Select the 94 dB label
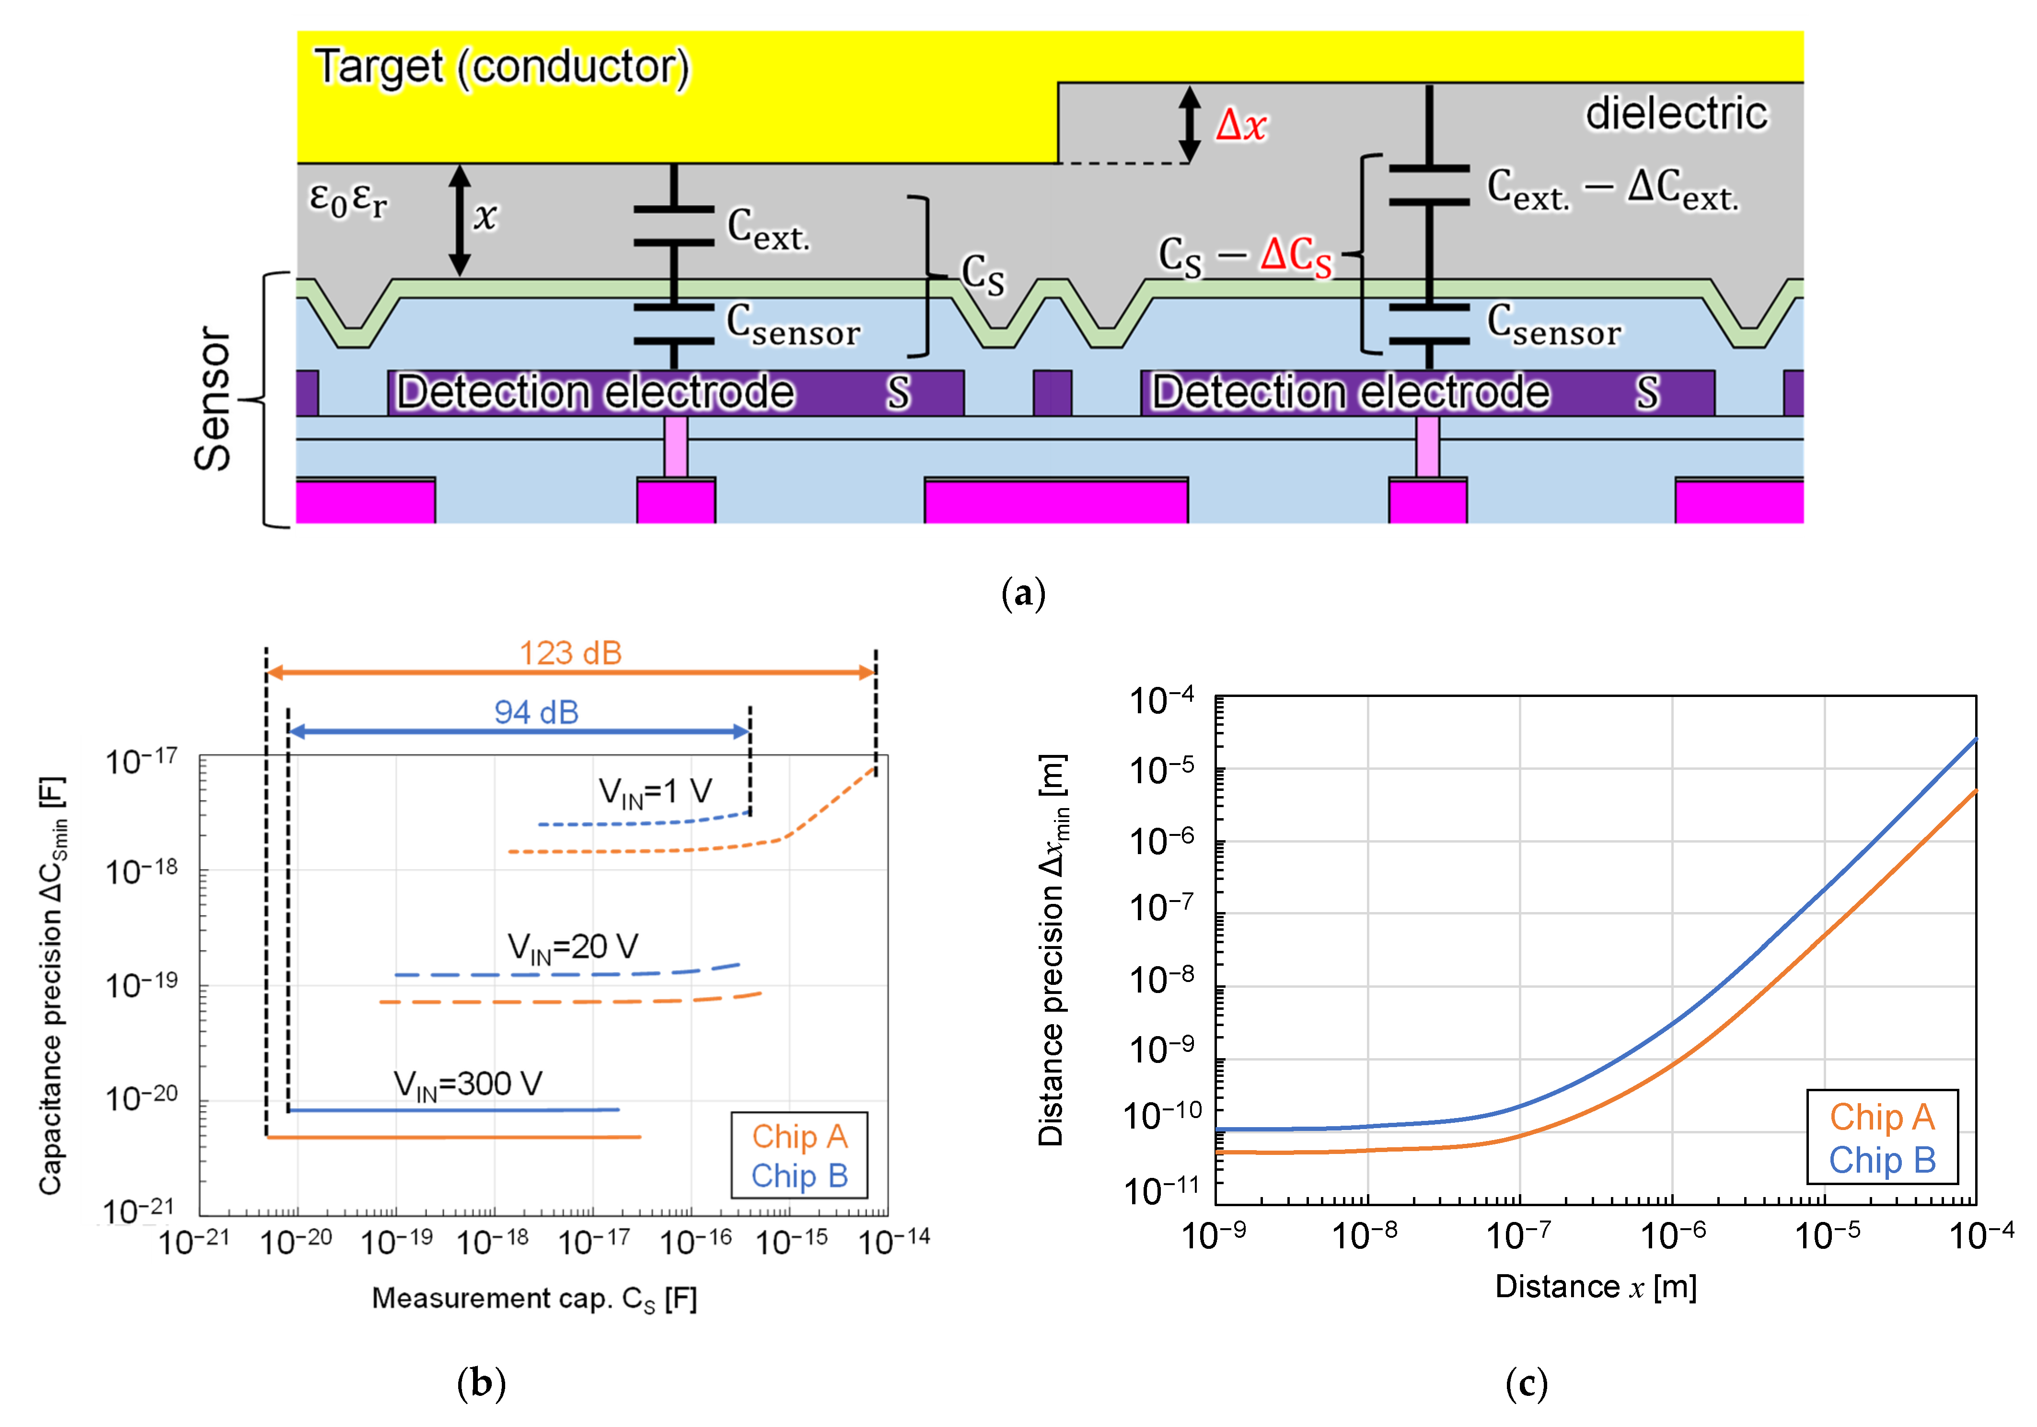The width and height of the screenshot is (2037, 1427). click(x=536, y=712)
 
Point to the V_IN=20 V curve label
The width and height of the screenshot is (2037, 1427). click(x=572, y=947)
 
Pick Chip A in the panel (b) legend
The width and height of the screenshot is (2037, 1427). click(x=799, y=1136)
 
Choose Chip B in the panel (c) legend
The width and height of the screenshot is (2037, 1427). click(x=1882, y=1160)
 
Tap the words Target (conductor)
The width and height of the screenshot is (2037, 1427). click(x=501, y=68)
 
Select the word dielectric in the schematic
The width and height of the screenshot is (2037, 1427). click(x=1676, y=114)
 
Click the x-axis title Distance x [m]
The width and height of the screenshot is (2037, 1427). click(x=1595, y=1286)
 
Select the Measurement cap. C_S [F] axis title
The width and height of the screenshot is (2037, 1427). click(x=534, y=1299)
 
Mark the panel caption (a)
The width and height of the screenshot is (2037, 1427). click(x=1023, y=593)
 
